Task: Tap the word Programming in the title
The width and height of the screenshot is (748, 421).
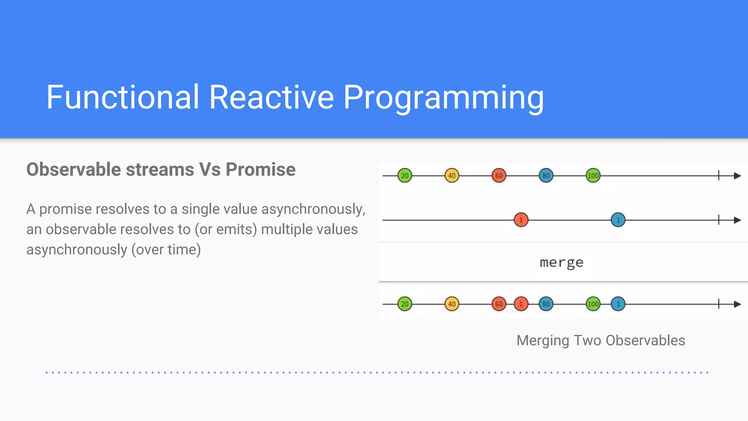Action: point(443,97)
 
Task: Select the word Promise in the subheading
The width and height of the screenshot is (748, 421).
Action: point(260,170)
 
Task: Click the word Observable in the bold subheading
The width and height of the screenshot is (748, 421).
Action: point(73,170)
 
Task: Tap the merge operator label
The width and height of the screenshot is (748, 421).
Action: point(561,262)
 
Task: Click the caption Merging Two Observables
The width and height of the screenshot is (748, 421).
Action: point(600,340)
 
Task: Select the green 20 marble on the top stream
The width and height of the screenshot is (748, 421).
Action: point(405,176)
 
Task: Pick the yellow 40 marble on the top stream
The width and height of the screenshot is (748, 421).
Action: point(452,176)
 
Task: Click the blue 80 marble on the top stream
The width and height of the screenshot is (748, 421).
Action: point(546,176)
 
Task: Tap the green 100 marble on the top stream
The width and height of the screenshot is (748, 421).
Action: point(593,176)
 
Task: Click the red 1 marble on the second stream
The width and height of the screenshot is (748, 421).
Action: point(521,220)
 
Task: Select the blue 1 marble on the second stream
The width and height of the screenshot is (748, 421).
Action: point(618,220)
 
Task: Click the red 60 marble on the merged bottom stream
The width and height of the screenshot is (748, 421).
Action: point(499,304)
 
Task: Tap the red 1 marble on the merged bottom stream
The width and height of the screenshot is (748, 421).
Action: point(521,304)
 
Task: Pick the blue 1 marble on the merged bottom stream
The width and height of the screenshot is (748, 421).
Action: point(618,304)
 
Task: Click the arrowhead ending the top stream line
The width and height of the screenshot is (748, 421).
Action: point(737,176)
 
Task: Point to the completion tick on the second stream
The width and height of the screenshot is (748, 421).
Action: point(718,220)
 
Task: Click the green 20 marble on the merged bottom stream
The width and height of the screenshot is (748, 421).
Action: point(405,304)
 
